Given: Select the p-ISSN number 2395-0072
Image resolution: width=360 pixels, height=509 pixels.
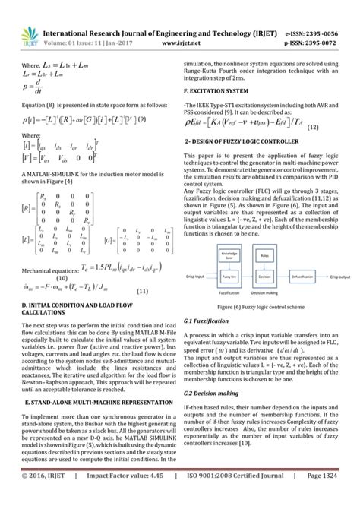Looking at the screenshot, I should coord(326,22).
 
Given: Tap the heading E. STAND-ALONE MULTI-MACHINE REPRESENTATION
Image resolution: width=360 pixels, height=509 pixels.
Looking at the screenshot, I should coord(93,399).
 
